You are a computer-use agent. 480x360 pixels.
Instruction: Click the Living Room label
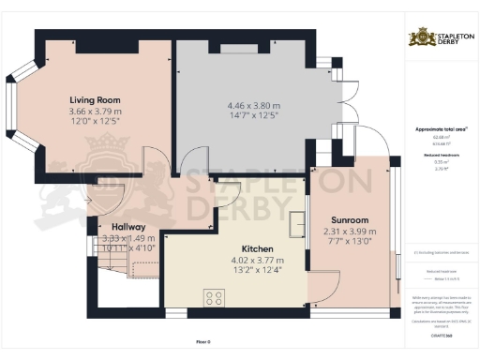[x=96, y=99]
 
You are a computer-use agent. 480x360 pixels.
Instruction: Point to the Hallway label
[x=127, y=227]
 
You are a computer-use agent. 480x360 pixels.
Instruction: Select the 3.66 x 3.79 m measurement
[x=96, y=112]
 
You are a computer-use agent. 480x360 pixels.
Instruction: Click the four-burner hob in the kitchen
[x=214, y=300]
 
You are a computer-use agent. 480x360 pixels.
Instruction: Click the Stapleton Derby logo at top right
[x=438, y=38]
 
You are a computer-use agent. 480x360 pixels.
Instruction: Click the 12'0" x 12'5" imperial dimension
[x=96, y=123]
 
